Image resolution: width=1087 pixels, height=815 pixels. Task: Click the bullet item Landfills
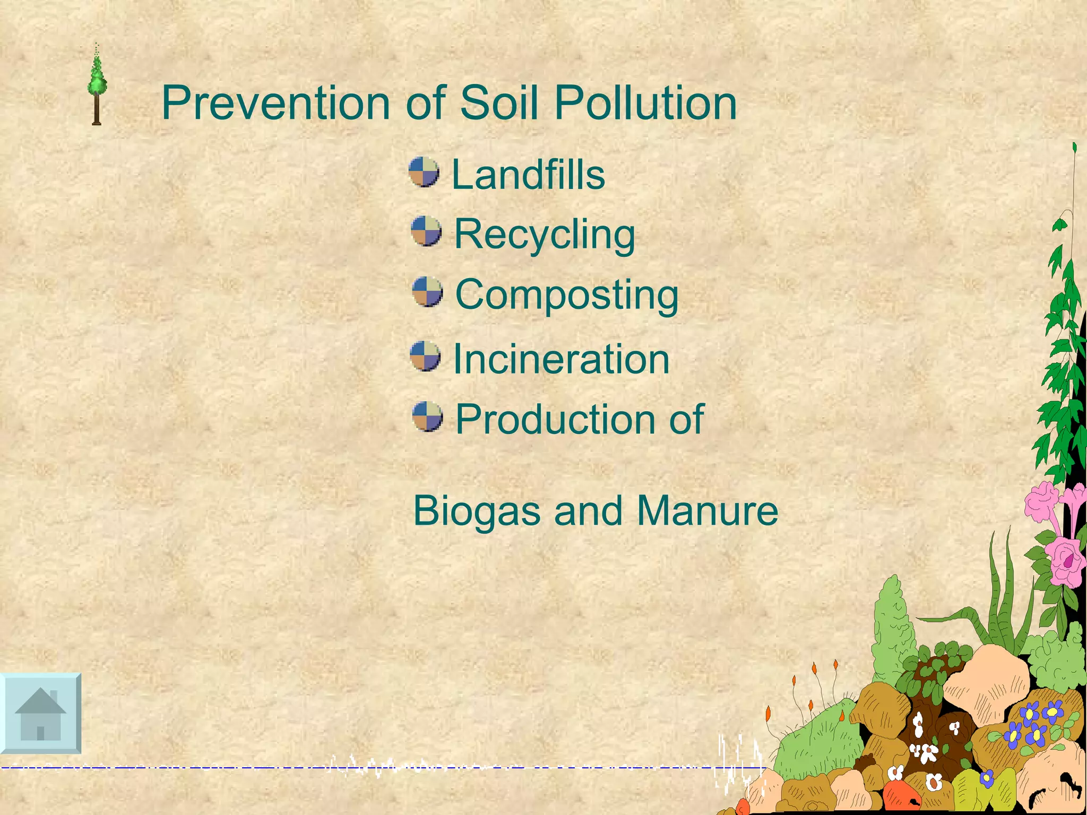coord(528,175)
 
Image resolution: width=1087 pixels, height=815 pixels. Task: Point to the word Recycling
coord(545,235)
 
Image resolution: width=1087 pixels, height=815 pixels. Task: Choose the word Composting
coord(567,294)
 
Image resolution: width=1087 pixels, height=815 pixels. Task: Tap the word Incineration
coord(561,359)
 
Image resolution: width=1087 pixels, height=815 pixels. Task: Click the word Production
coord(554,419)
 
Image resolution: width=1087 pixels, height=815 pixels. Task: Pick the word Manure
coord(708,510)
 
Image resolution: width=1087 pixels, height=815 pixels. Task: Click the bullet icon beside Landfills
coord(424,172)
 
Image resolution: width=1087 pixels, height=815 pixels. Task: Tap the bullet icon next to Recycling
coord(426,231)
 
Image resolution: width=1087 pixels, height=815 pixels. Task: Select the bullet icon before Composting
coord(427,292)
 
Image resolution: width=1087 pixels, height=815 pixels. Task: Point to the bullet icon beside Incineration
coord(425,356)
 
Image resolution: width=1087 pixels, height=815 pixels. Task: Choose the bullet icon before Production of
coord(427,417)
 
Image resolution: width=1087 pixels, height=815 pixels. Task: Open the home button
coord(41,713)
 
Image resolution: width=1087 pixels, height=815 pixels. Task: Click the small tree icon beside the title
coord(97,85)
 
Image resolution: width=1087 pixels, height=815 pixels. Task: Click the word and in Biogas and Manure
coord(588,510)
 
